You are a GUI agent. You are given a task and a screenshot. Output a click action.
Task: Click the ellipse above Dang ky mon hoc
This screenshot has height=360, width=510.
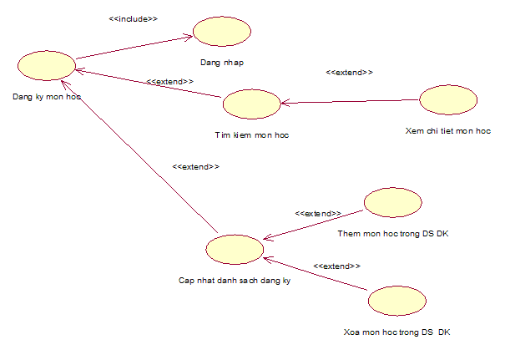[x=46, y=65]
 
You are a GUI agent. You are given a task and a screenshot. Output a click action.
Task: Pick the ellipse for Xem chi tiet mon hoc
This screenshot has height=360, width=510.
[x=448, y=100]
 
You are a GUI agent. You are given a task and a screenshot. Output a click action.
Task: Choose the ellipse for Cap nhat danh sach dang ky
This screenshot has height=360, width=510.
[x=235, y=249]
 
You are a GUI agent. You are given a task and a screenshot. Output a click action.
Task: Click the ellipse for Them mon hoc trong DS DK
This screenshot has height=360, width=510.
[x=393, y=203]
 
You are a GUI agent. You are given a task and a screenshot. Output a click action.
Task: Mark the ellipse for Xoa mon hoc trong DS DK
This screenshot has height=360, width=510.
[x=397, y=301]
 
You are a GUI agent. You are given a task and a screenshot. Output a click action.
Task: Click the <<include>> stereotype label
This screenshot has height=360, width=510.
[x=134, y=17]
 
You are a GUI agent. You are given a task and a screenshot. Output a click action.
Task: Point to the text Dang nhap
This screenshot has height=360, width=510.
[x=223, y=62]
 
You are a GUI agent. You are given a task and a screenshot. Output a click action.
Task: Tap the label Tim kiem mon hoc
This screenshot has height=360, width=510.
[x=251, y=134]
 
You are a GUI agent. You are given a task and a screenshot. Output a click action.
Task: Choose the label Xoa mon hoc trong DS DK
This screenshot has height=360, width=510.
[x=396, y=332]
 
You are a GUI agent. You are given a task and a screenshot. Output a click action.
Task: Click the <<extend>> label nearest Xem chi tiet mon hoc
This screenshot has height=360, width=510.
[x=349, y=73]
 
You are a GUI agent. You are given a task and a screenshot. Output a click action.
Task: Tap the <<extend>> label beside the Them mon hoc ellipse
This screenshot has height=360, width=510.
[x=318, y=214]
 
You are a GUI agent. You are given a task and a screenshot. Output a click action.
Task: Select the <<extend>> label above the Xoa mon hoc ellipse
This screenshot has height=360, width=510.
[x=336, y=266]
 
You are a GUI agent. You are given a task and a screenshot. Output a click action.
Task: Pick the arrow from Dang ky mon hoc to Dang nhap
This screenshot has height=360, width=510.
[x=134, y=47]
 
